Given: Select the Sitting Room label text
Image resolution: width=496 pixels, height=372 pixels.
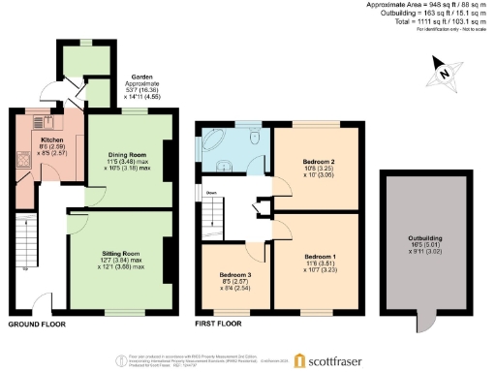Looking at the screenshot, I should coord(121,253).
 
